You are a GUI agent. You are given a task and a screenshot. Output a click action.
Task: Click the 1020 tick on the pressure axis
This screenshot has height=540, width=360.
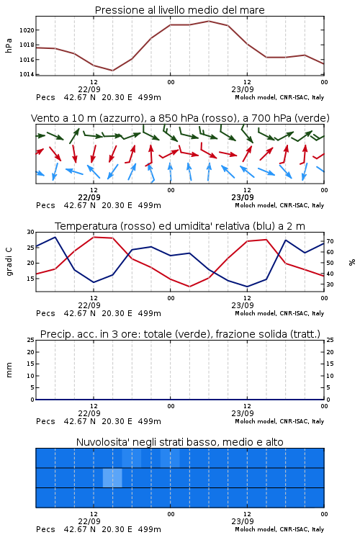(x=27, y=30)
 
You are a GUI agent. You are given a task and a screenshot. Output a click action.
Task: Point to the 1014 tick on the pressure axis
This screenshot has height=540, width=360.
(x=27, y=74)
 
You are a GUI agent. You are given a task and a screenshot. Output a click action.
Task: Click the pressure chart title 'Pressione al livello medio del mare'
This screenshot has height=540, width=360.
(x=180, y=10)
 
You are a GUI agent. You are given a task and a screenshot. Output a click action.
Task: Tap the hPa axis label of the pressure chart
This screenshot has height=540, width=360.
(x=9, y=45)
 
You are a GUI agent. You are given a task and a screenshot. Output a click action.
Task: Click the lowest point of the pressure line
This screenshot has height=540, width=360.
(x=112, y=71)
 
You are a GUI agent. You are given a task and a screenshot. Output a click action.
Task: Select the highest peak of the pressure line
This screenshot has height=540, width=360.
(x=209, y=21)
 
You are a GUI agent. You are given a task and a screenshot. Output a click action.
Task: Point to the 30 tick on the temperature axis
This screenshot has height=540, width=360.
(x=30, y=232)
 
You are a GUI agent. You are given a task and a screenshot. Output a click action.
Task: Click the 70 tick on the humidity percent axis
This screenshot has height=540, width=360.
(x=330, y=241)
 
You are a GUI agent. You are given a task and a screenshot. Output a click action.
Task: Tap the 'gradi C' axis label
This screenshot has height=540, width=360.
(x=9, y=262)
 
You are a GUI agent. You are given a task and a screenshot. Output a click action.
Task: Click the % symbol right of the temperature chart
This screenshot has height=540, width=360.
(x=352, y=262)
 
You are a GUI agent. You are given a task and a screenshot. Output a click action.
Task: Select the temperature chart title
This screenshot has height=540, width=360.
(x=180, y=226)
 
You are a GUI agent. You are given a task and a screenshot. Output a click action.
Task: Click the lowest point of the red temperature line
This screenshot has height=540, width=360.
(x=189, y=287)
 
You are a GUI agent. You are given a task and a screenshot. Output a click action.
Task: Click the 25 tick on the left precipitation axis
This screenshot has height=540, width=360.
(x=30, y=341)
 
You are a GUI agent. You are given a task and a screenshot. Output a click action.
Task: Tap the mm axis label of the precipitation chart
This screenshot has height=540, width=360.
(x=9, y=370)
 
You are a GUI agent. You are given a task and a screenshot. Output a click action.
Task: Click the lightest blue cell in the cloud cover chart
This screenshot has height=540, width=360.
(x=112, y=477)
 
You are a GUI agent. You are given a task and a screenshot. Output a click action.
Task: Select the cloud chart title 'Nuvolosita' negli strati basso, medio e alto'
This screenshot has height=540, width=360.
(x=180, y=442)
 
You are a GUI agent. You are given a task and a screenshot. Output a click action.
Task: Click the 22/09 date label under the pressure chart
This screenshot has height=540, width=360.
(x=89, y=89)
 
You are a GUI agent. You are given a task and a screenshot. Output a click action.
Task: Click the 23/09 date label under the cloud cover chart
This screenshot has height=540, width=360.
(x=243, y=521)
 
